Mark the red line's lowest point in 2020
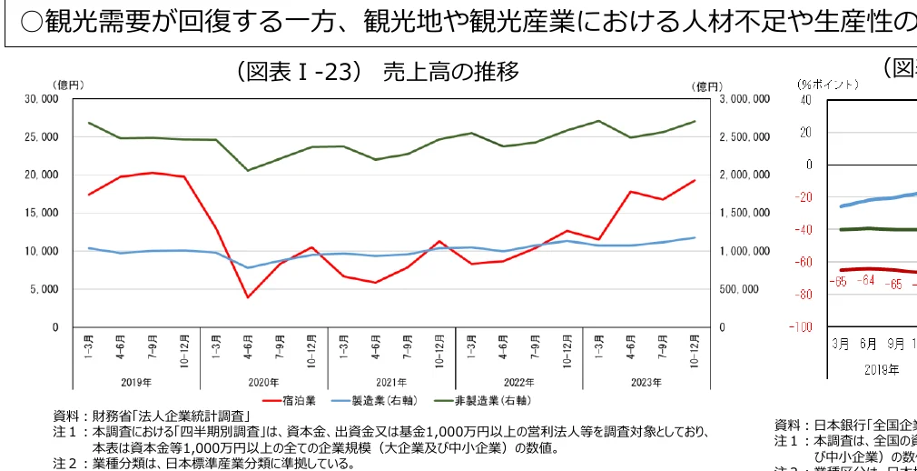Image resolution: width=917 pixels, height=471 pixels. (248, 297)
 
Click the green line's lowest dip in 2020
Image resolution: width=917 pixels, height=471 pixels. (248, 170)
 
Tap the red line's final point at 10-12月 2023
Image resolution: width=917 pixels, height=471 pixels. (695, 180)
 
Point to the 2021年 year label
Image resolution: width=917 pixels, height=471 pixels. (391, 382)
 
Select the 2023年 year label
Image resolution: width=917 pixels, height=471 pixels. (646, 382)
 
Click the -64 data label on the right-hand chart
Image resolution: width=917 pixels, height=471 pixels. (867, 280)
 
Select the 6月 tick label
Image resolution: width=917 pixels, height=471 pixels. (868, 345)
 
